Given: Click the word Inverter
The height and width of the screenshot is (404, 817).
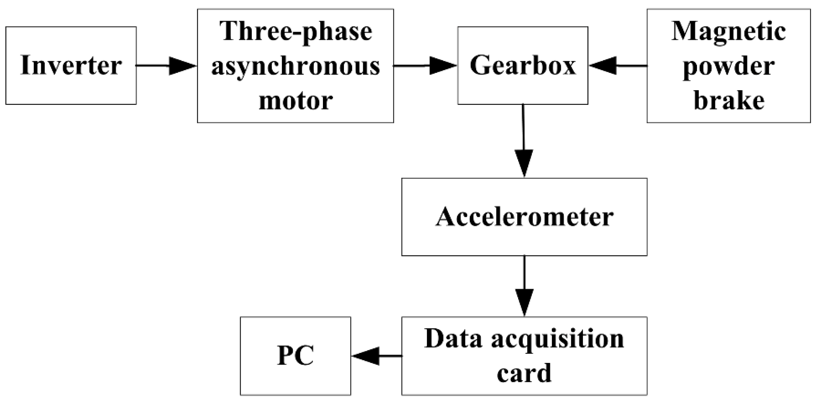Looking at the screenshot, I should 71,65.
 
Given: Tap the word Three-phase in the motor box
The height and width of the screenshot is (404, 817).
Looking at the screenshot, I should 296,32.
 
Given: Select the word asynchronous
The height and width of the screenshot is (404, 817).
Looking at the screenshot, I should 296,66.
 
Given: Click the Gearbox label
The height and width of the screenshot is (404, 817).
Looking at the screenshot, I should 522,65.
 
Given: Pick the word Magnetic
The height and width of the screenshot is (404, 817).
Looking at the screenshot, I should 728,32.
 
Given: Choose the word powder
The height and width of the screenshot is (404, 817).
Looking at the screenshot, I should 728,66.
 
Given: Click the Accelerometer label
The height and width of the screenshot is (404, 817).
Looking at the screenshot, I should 524,217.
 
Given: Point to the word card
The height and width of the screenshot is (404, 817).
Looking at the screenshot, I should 524,373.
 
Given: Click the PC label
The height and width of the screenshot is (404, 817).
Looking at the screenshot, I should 296,356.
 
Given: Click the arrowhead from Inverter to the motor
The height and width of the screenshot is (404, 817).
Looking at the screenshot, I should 183,66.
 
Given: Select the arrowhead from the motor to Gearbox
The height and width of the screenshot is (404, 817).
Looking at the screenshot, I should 443,66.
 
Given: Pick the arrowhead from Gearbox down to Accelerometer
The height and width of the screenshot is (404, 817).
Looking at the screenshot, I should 524,163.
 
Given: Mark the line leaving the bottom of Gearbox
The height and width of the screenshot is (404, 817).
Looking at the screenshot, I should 523,127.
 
